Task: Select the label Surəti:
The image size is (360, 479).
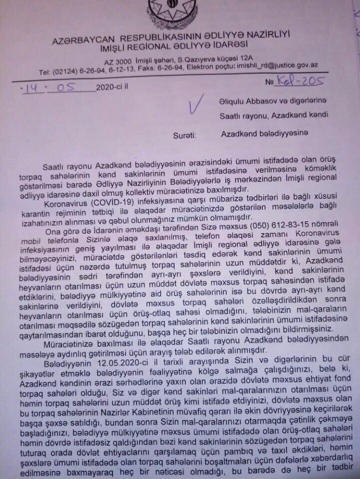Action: pyautogui.click(x=185, y=135)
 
